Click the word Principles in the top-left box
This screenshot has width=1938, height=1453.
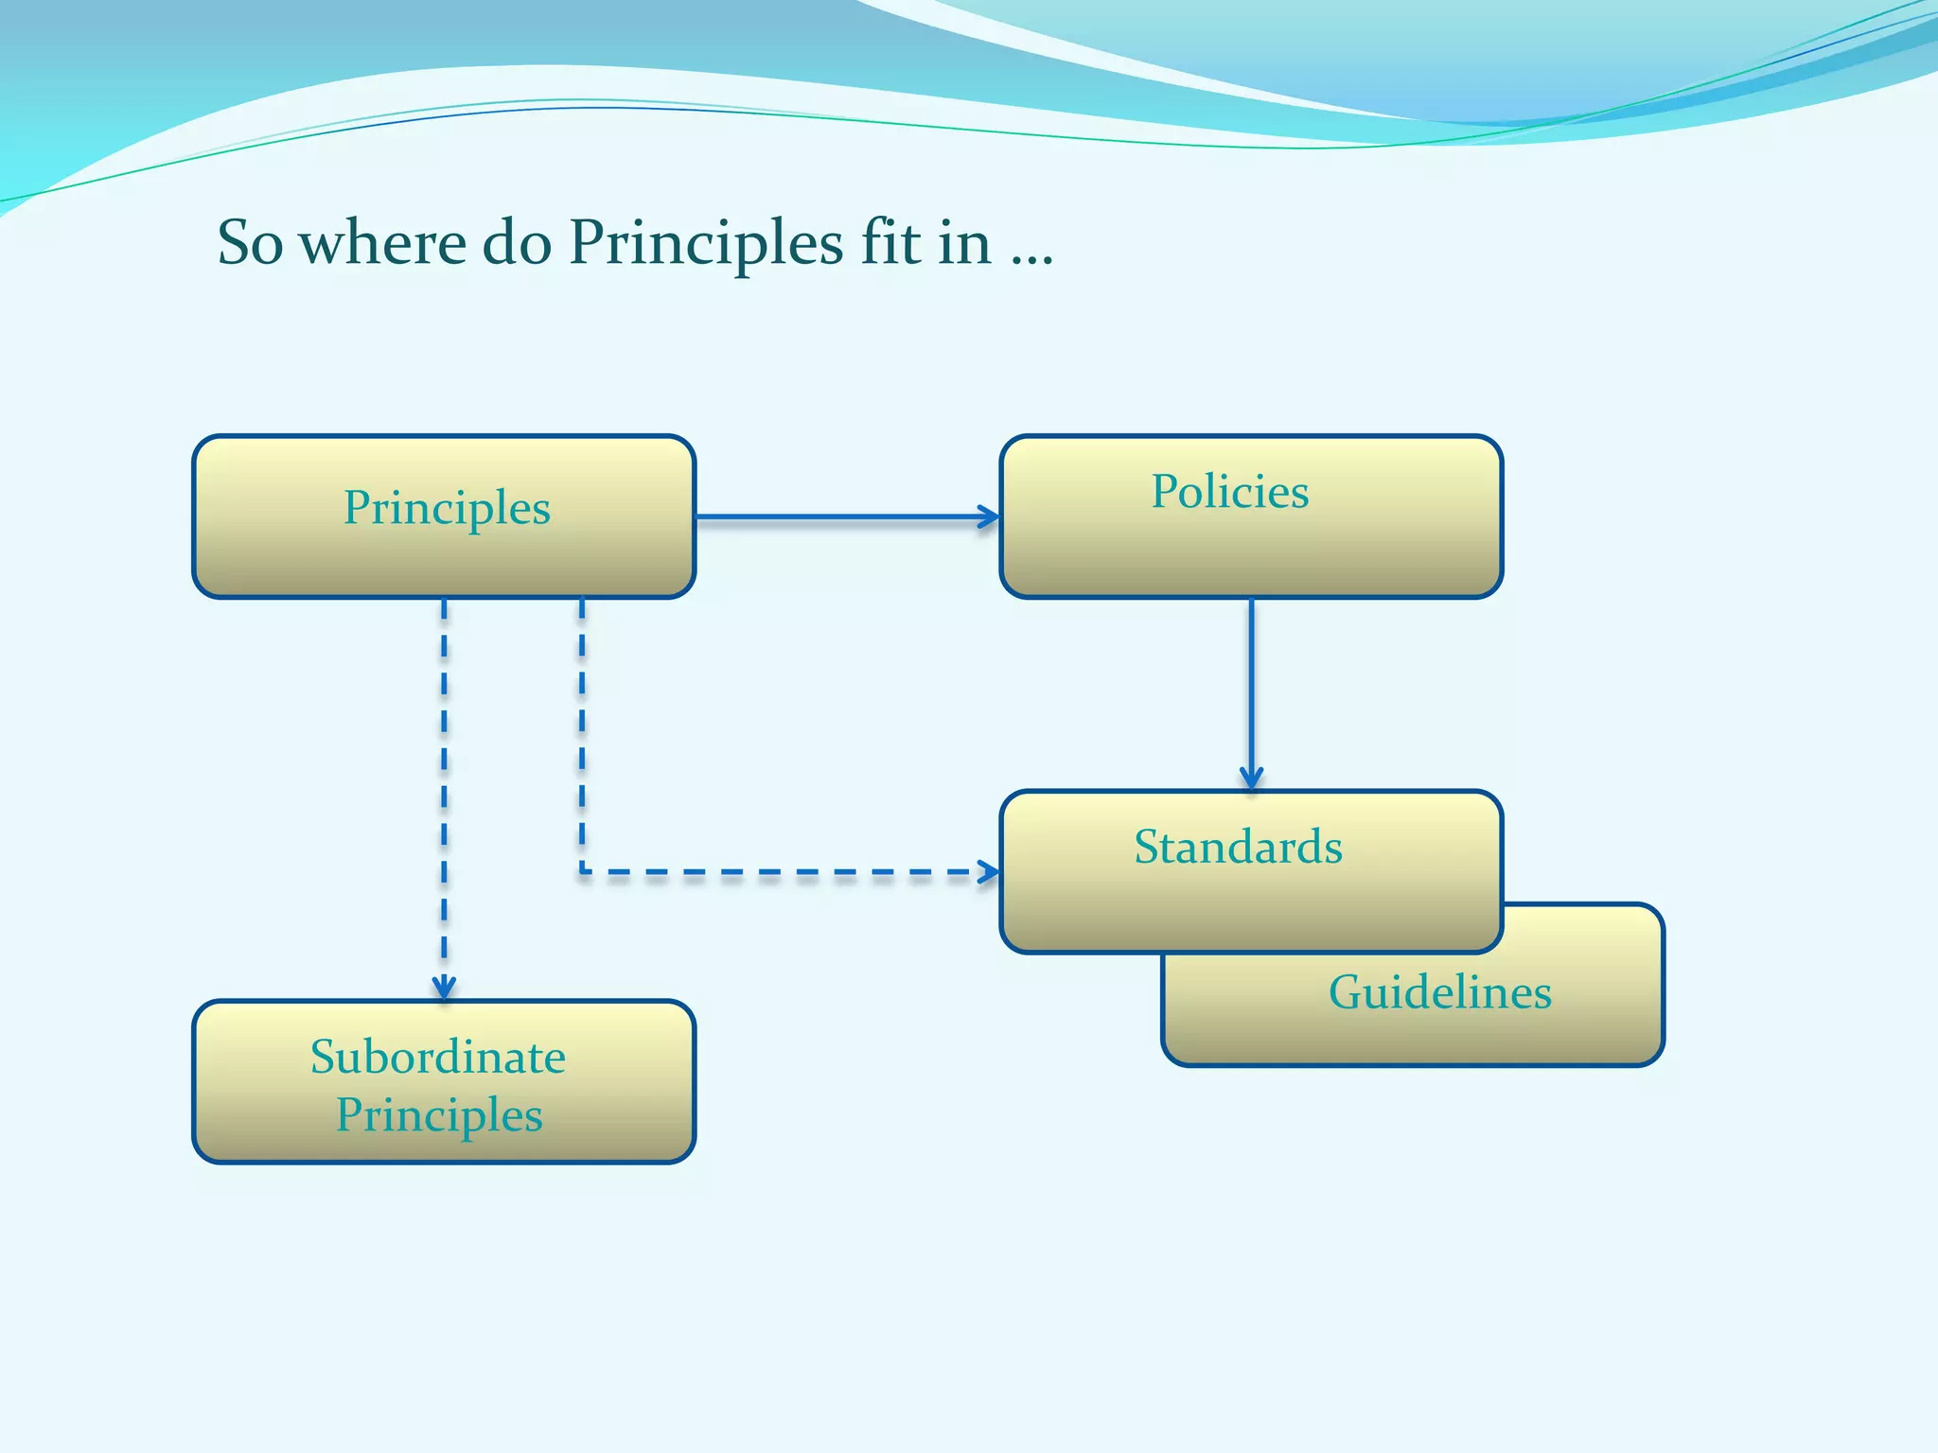447,509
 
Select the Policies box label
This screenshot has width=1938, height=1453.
1229,492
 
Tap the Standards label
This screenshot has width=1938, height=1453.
1238,847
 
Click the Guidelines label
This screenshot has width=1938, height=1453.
1439,992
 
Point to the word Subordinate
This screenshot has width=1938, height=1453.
438,1057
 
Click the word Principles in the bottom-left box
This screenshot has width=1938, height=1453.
439,1115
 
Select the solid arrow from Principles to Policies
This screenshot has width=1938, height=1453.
842,516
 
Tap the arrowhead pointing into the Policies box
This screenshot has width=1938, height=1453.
990,516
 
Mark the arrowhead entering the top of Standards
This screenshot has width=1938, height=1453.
1251,779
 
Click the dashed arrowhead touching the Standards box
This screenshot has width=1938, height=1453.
989,871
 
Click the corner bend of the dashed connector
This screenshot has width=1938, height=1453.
582,870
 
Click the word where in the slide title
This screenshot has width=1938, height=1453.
382,243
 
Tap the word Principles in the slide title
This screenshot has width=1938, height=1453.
705,243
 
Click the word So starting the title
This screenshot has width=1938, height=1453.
250,243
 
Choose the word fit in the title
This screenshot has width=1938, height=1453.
890,243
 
